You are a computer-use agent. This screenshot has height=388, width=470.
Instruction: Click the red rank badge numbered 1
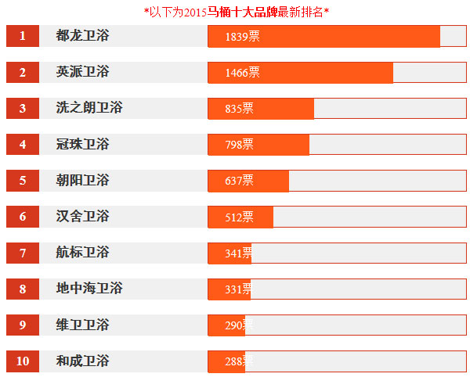23,36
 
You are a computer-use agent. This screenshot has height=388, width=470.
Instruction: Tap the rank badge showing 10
23,361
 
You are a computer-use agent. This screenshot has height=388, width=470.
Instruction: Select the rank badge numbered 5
23,181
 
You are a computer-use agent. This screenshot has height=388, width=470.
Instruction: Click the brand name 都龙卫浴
82,36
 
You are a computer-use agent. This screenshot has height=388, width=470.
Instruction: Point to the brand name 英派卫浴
82,72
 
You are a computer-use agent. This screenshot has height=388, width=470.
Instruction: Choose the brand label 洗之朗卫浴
89,108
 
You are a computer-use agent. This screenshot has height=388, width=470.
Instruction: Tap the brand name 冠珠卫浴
82,145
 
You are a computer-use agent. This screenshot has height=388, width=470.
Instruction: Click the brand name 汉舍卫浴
82,217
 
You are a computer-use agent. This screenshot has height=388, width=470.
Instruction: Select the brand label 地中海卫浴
89,289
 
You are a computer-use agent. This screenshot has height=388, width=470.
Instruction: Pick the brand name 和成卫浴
82,361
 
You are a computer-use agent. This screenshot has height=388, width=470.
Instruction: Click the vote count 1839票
242,37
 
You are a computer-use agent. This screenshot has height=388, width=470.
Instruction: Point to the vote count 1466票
242,73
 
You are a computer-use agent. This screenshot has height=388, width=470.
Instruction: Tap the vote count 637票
239,181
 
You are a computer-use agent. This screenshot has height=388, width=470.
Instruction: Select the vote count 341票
239,253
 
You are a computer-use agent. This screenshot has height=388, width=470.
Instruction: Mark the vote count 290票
239,325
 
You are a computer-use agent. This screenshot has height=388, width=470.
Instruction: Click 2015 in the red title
195,12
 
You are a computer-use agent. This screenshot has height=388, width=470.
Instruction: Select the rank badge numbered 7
23,253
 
